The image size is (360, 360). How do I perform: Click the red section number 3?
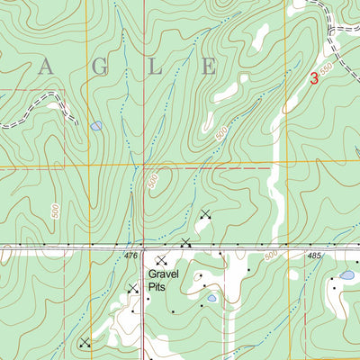click(313, 78)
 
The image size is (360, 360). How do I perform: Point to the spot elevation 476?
click(130, 256)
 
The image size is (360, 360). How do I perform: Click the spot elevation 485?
click(313, 256)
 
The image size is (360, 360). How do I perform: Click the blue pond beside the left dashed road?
click(96, 126)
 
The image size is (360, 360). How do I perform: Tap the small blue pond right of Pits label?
click(211, 297)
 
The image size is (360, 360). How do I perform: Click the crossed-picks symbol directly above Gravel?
click(161, 260)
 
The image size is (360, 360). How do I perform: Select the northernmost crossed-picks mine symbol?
click(205, 214)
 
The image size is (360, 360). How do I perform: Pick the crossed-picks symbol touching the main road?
click(185, 242)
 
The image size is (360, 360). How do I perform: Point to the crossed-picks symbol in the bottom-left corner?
click(84, 342)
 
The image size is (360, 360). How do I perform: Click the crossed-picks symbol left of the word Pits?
click(133, 288)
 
